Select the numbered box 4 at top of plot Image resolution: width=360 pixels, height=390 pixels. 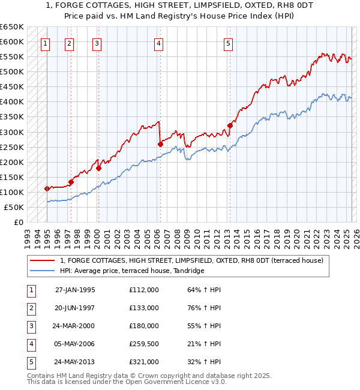click(158, 43)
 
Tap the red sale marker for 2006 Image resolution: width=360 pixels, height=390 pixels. click(160, 144)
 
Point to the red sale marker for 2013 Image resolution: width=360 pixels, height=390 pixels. click(230, 125)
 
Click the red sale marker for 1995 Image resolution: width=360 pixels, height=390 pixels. click(47, 188)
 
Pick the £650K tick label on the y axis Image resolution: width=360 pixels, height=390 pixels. click(11, 27)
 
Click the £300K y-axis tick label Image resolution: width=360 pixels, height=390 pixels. click(11, 132)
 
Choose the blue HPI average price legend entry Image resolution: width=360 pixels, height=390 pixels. click(132, 271)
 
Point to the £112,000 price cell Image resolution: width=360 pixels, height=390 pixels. click(144, 290)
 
